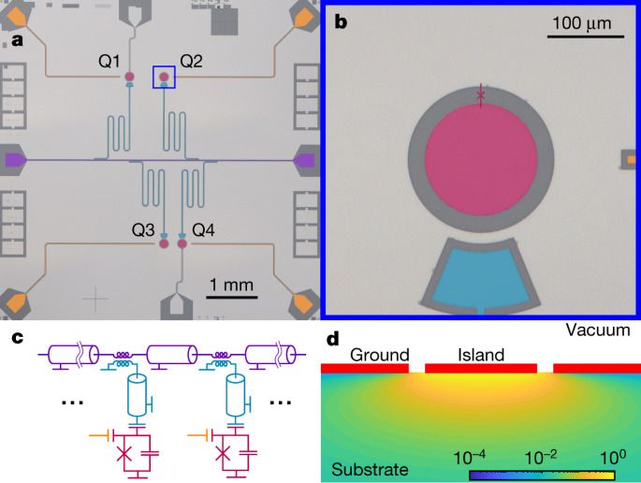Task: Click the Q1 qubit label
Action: coord(109,62)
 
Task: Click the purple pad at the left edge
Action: coord(16,160)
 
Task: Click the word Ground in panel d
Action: coord(379,355)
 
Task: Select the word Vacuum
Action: coord(602,330)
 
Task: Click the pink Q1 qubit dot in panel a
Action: coord(130,77)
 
